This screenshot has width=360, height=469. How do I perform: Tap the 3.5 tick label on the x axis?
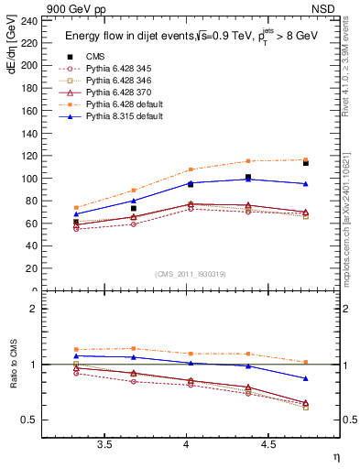pos(104,444)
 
